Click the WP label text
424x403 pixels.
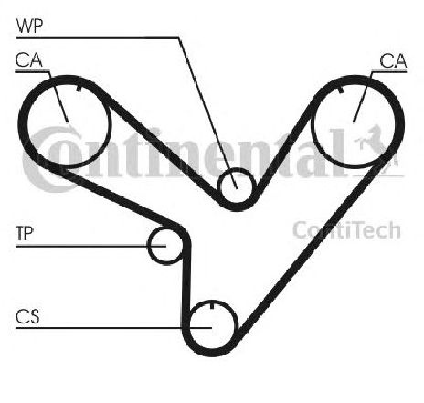[x=30, y=27]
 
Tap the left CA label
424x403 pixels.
[x=29, y=60]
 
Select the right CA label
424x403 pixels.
[x=393, y=60]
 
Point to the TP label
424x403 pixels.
[x=25, y=233]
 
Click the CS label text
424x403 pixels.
[x=27, y=316]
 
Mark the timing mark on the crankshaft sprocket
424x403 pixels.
[x=212, y=304]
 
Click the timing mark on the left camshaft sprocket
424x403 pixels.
[x=79, y=89]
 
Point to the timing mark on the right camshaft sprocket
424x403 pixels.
[x=341, y=90]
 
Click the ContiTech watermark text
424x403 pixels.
[x=346, y=230]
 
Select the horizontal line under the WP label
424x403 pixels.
[x=97, y=37]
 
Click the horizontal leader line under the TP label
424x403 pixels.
[x=90, y=246]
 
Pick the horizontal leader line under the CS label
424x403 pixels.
[x=113, y=328]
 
